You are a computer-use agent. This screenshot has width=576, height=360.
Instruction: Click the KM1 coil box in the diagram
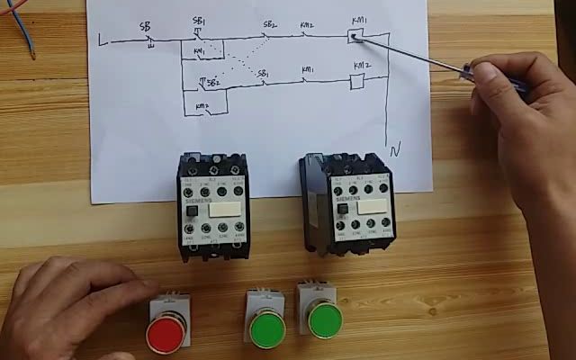[x=355, y=38]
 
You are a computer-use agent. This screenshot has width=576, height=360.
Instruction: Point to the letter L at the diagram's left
[x=101, y=40]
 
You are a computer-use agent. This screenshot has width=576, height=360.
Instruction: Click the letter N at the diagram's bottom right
[x=393, y=147]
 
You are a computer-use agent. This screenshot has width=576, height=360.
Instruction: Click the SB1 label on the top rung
[x=199, y=20]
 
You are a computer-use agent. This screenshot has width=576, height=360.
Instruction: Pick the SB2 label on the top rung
[x=270, y=24]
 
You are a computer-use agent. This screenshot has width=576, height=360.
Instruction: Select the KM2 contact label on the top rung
[x=307, y=25]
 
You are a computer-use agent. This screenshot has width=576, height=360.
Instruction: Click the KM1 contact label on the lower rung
[x=308, y=68]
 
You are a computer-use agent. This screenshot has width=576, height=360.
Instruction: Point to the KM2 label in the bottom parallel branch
[x=202, y=105]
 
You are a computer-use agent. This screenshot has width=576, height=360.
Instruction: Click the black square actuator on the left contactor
[x=193, y=213]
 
